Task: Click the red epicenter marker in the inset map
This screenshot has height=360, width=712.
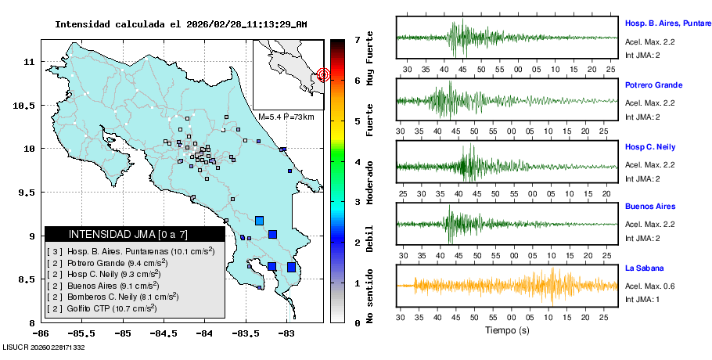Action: (x=323, y=75)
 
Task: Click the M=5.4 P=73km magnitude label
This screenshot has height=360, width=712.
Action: (x=286, y=117)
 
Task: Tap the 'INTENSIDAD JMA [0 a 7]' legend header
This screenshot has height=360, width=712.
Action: (x=117, y=234)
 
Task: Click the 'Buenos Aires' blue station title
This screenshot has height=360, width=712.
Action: (x=650, y=207)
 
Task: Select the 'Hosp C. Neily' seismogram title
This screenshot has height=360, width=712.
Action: (x=650, y=147)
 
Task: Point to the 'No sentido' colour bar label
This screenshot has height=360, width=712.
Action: (x=369, y=296)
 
